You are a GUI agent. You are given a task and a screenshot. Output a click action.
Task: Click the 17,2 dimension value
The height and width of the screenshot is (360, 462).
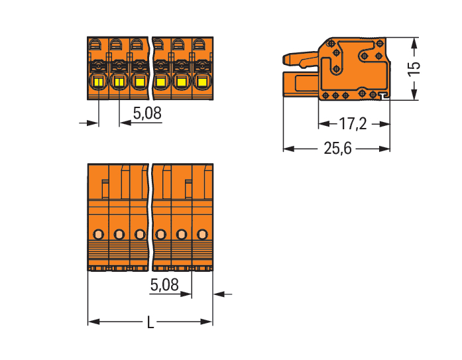[x=353, y=124]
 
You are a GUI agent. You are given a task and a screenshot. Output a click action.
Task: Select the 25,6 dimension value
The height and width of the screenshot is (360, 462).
[x=337, y=149]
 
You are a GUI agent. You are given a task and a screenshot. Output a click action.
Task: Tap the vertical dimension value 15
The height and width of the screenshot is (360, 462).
[x=414, y=69]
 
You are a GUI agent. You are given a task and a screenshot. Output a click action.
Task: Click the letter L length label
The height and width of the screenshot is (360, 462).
[x=150, y=322]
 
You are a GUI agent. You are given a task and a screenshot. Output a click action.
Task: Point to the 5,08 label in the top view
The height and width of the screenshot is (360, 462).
[x=147, y=113]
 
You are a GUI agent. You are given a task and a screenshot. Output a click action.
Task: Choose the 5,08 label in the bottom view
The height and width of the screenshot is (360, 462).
[x=164, y=285]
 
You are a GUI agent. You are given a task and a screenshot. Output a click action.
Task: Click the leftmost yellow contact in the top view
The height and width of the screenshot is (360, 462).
[x=98, y=82]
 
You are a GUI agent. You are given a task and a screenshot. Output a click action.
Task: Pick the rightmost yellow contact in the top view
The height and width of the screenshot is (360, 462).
[x=202, y=82]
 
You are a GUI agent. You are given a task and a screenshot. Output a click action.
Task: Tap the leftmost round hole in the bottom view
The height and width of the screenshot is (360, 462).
[x=98, y=235]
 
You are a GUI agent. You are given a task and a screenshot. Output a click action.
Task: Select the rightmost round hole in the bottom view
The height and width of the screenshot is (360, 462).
[x=202, y=235]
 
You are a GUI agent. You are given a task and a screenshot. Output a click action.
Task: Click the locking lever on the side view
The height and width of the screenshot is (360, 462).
[x=300, y=58]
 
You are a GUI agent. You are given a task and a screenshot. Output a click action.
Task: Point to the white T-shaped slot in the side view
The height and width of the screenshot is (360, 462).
[x=384, y=95]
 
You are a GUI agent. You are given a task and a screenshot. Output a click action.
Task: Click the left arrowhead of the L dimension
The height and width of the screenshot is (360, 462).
[x=93, y=322]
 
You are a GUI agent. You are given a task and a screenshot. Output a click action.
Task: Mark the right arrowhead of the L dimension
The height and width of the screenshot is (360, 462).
[x=207, y=322]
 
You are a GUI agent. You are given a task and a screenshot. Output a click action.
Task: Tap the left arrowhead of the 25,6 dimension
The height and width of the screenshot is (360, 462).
[x=289, y=149]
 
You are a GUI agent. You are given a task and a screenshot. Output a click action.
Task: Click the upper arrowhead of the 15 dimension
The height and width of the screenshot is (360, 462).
[x=414, y=44]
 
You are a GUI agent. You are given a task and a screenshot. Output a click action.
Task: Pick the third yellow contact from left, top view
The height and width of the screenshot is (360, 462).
[x=140, y=82]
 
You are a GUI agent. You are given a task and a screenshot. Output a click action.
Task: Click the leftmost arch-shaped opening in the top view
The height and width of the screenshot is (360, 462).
[x=95, y=44]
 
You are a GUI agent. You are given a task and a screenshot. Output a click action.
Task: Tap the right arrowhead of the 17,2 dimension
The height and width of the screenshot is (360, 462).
[x=384, y=124]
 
